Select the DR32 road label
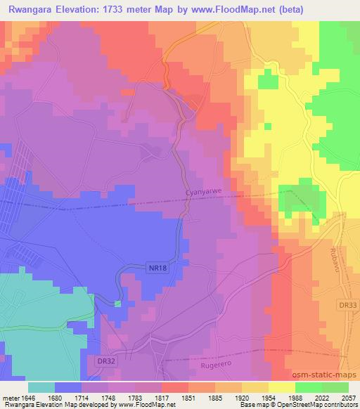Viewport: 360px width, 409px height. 104,360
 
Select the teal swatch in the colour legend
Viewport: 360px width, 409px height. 41,387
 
